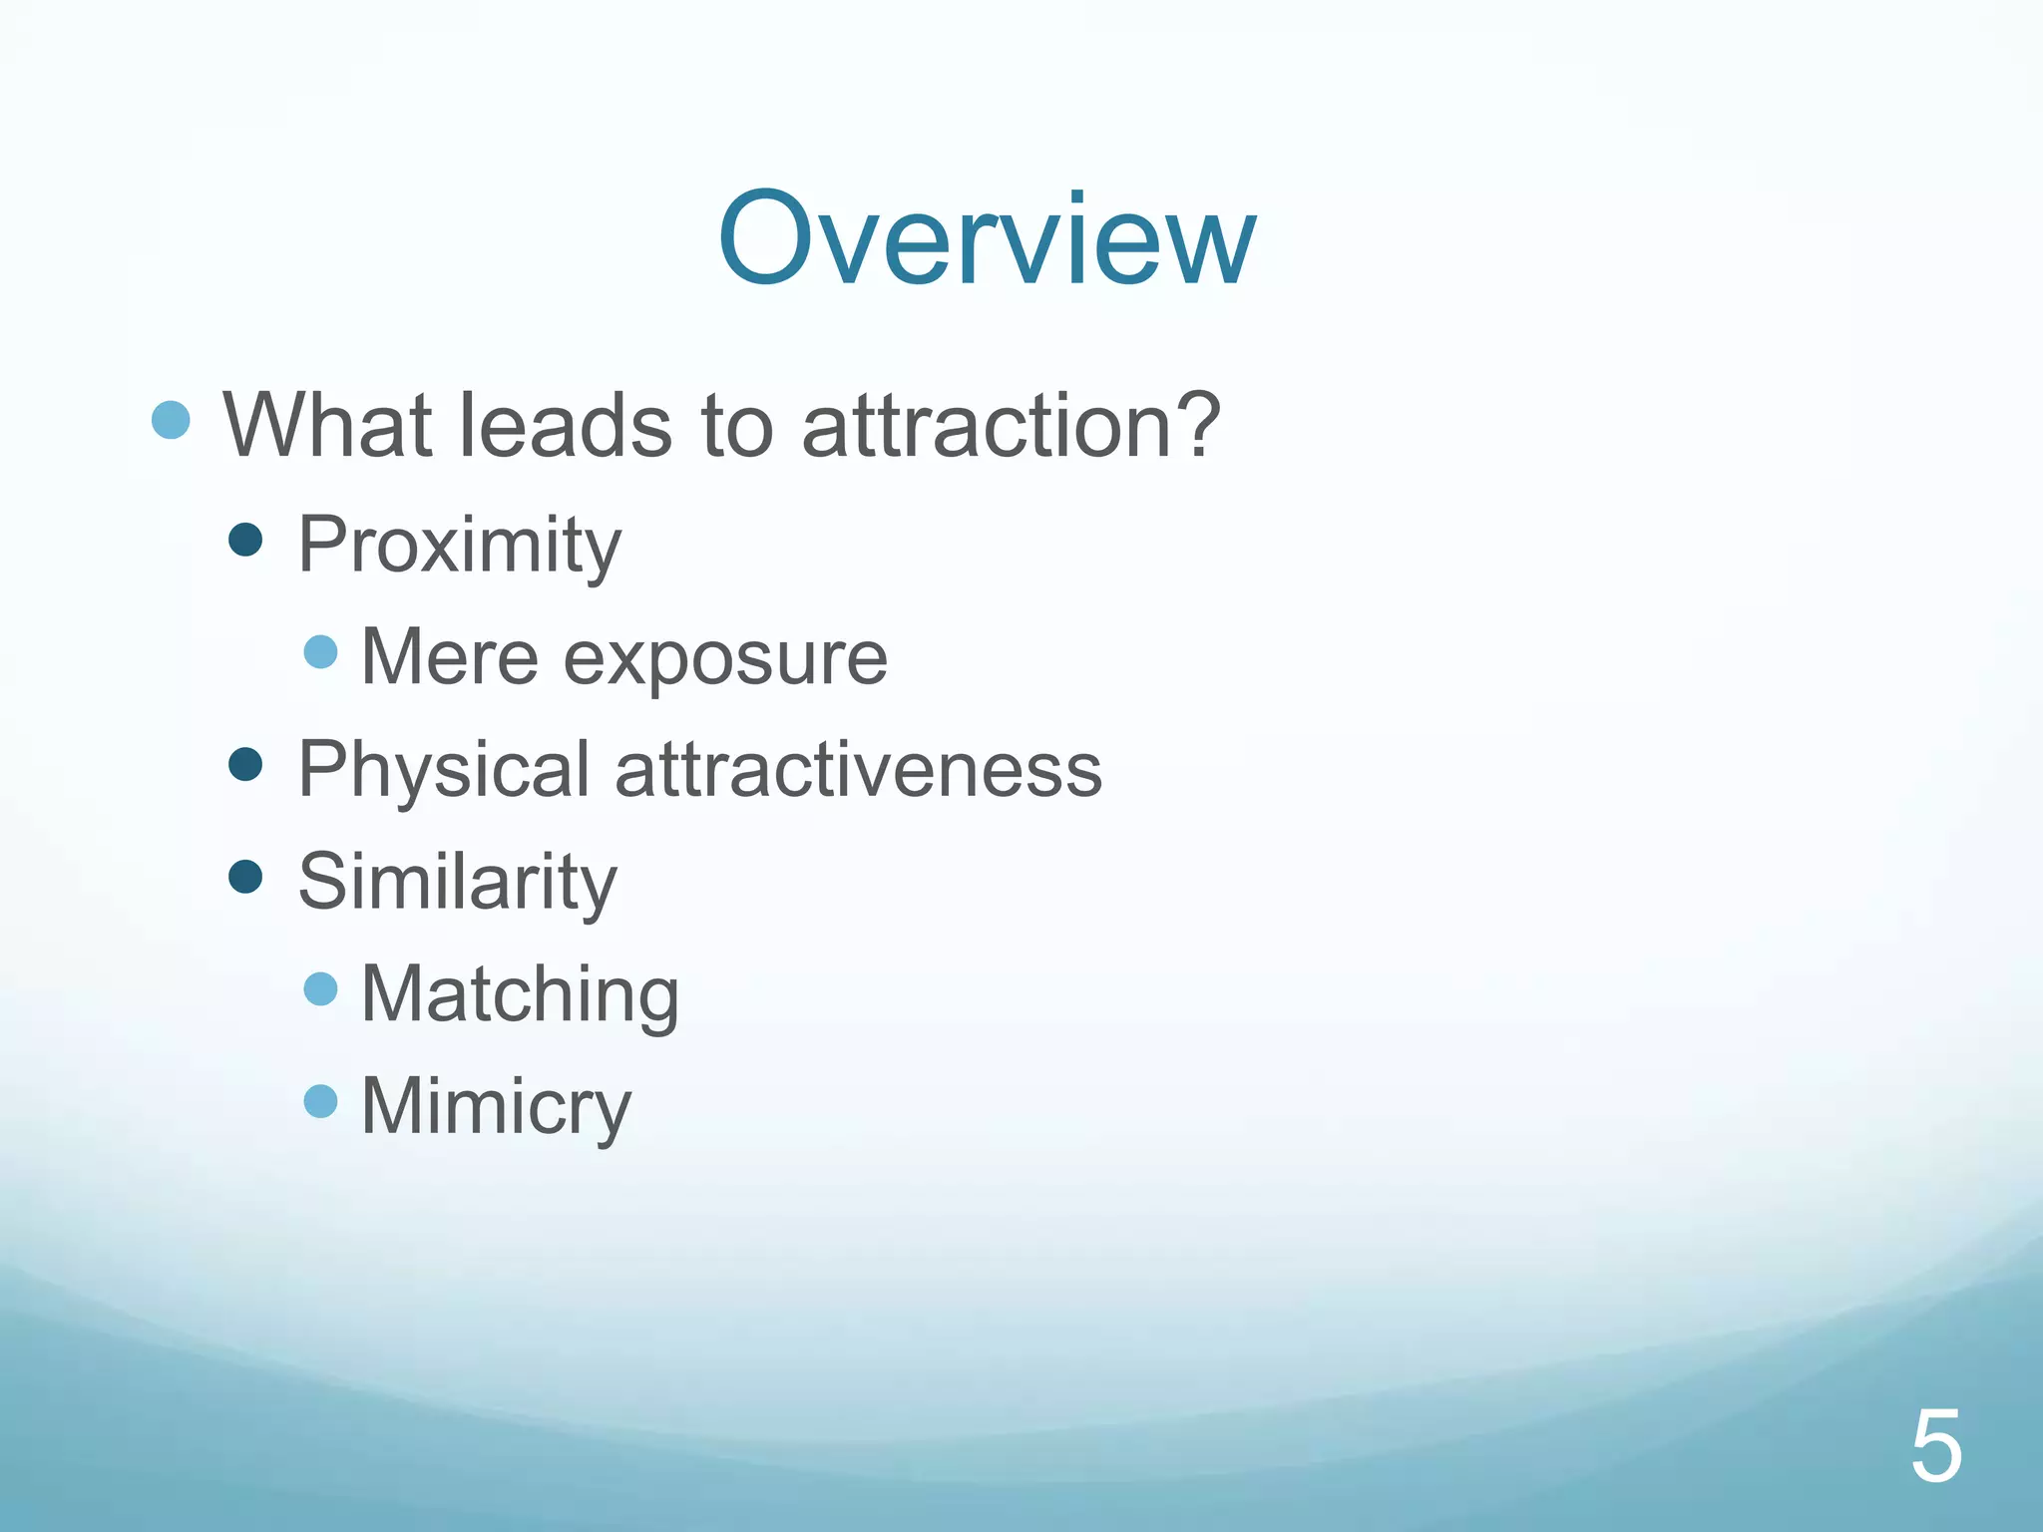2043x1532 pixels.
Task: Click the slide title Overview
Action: pyautogui.click(x=987, y=240)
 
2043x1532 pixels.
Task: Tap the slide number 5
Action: pyautogui.click(x=1935, y=1447)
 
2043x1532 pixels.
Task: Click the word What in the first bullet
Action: pyautogui.click(x=327, y=425)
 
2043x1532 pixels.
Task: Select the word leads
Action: pyautogui.click(x=565, y=425)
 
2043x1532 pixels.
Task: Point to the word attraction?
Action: pyautogui.click(x=1011, y=425)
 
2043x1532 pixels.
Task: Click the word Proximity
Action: pyautogui.click(x=459, y=546)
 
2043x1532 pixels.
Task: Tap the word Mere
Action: pyautogui.click(x=449, y=657)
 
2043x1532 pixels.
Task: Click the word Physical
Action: pyautogui.click(x=444, y=770)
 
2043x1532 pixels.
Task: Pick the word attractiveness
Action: pyautogui.click(x=858, y=770)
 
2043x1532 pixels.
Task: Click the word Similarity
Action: pyautogui.click(x=457, y=883)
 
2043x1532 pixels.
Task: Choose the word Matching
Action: pyautogui.click(x=519, y=995)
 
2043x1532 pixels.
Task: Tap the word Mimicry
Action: pyautogui.click(x=496, y=1107)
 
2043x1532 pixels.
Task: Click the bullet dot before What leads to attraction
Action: pyautogui.click(x=171, y=420)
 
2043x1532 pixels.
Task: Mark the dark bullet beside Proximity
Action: pyautogui.click(x=245, y=541)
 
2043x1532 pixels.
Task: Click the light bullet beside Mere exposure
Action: pyautogui.click(x=320, y=652)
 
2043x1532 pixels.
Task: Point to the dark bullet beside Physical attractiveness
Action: pyautogui.click(x=245, y=765)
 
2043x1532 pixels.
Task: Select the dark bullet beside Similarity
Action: pyautogui.click(x=245, y=878)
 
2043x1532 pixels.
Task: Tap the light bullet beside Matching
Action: pyautogui.click(x=320, y=989)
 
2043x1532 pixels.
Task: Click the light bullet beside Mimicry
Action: pyautogui.click(x=320, y=1102)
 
